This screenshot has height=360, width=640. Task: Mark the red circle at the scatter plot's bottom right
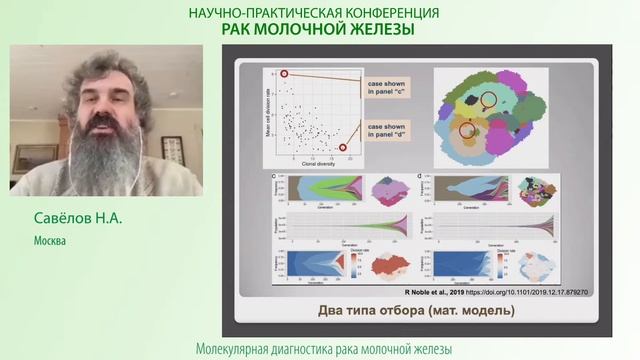pos(346,148)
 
